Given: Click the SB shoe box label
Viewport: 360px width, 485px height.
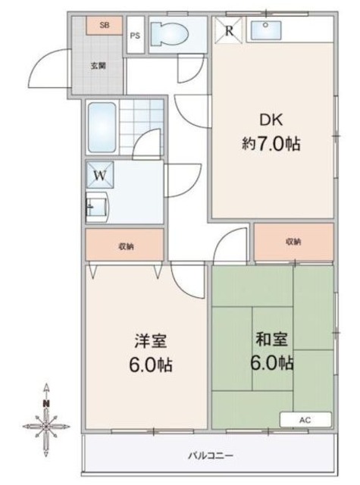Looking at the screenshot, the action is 105,25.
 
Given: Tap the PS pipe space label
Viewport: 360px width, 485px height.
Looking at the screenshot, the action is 135,36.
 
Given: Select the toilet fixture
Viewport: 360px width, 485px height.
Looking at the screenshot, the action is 169,34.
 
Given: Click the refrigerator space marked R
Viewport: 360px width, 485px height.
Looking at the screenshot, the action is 229,30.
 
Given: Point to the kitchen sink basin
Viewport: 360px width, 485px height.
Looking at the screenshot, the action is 266,30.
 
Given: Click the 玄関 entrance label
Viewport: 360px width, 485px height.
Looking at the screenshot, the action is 99,66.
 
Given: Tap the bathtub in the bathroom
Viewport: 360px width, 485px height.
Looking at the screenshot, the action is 102,127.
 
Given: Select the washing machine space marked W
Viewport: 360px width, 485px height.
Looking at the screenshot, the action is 100,175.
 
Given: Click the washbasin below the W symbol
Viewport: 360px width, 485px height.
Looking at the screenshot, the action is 97,207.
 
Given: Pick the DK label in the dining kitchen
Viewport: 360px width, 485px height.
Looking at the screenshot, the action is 271,120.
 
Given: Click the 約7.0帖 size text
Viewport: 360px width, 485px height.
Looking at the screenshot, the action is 271,144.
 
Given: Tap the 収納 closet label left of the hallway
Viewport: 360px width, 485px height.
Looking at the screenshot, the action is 126,246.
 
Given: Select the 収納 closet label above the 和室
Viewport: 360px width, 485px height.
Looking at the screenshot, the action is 293,241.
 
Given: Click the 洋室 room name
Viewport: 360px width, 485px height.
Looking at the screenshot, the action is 151,341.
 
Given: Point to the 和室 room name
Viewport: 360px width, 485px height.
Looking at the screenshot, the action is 272,339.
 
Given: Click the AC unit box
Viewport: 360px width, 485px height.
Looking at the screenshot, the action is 305,420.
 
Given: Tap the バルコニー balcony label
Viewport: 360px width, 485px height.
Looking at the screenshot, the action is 211,455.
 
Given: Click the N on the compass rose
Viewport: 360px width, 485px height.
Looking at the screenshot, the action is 46,403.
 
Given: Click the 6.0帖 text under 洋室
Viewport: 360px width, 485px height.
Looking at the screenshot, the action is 151,365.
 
